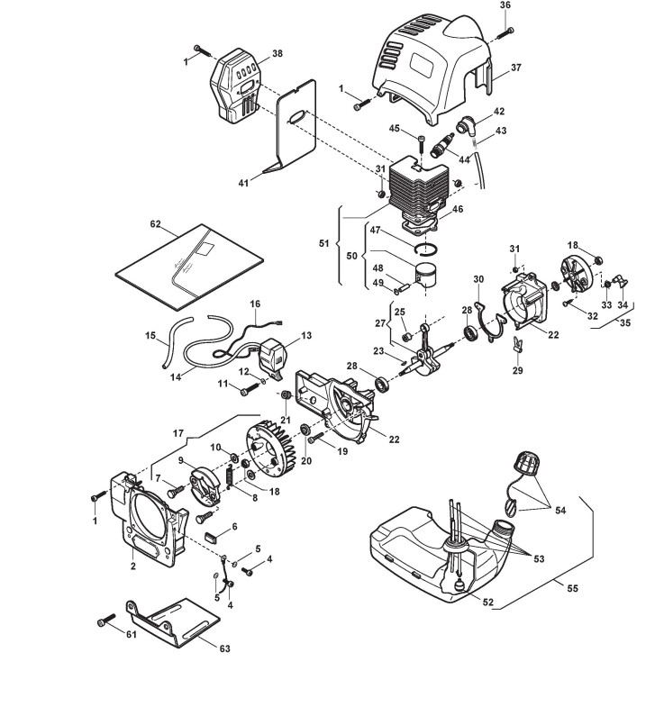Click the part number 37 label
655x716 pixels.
coord(517,67)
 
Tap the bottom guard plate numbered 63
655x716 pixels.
coord(176,621)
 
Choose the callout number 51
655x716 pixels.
coord(325,244)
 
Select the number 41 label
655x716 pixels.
coord(243,183)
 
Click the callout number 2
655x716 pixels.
coord(132,568)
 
